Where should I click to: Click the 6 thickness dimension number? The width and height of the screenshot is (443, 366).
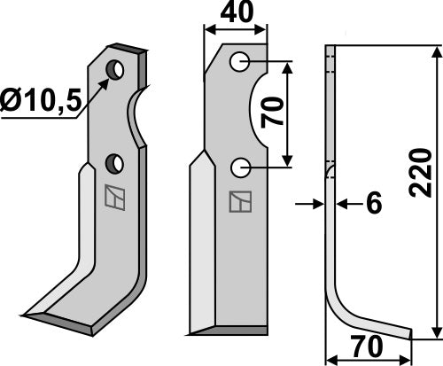tap(373, 204)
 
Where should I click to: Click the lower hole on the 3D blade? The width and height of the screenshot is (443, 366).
tap(114, 162)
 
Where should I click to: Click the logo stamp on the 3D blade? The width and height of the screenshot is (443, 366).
tap(113, 196)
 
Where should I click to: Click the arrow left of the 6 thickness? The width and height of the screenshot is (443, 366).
tap(310, 204)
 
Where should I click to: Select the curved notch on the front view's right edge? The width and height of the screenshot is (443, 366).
tap(258, 115)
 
